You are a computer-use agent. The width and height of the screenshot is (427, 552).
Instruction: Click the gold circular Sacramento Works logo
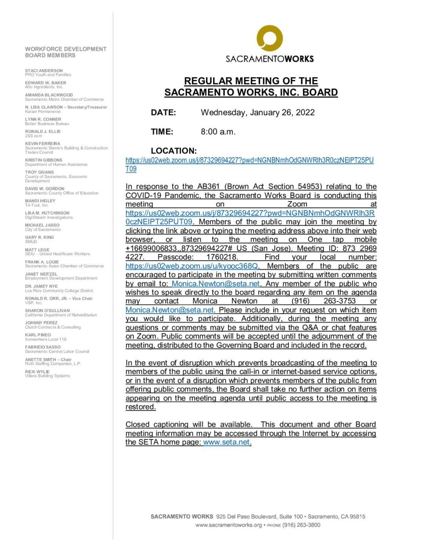coord(269,38)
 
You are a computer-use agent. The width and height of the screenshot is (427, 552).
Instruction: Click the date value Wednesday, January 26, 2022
coord(257,113)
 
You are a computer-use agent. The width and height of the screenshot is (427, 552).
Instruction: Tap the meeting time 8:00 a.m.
coord(218,132)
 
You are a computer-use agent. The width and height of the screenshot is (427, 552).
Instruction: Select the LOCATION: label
coord(174,151)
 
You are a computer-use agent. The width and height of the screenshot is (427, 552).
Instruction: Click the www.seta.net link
coord(226,442)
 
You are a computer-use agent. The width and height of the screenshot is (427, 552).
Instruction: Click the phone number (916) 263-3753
coord(324,301)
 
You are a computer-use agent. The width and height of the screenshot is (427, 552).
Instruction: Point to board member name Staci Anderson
coord(44,71)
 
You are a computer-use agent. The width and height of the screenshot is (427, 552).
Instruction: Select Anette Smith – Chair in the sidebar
coord(48,360)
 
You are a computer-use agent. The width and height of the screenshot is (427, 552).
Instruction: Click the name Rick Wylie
coord(37,372)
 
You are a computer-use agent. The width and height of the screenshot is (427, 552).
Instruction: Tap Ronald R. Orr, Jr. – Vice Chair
coord(59,298)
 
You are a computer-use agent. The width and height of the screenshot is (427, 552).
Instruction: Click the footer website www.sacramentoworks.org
coord(228,525)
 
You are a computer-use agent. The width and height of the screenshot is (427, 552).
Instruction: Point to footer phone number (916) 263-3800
coord(301,525)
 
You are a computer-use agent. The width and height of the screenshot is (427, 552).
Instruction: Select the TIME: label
coord(162,132)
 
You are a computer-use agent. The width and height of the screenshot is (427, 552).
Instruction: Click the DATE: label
coord(163,113)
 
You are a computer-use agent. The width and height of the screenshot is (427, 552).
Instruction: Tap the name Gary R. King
coord(39,237)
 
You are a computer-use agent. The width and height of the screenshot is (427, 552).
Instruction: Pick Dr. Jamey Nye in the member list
coord(41,286)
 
